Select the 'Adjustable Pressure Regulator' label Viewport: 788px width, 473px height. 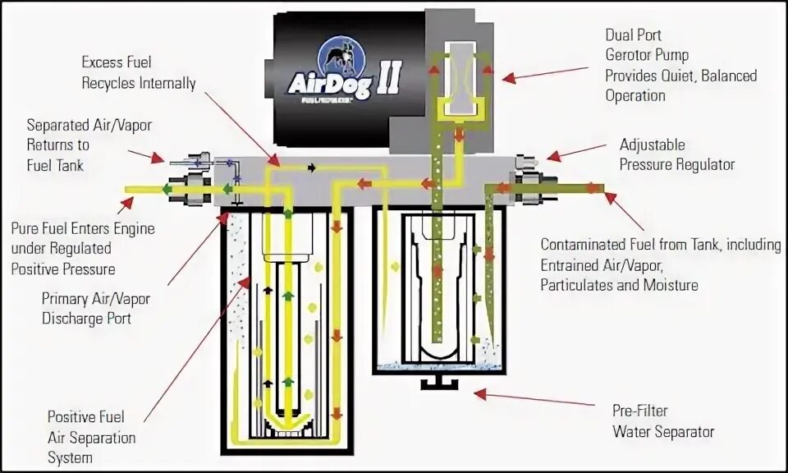coord(676,154)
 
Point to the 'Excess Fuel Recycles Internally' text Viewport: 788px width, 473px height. coord(139,72)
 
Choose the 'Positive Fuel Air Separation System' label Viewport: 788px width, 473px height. coord(91,437)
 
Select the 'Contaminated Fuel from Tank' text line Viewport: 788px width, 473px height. coord(661,245)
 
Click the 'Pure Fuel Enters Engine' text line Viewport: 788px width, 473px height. coord(82,228)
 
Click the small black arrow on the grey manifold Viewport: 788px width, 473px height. coord(310,168)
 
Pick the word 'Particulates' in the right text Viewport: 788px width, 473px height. coord(576,285)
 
